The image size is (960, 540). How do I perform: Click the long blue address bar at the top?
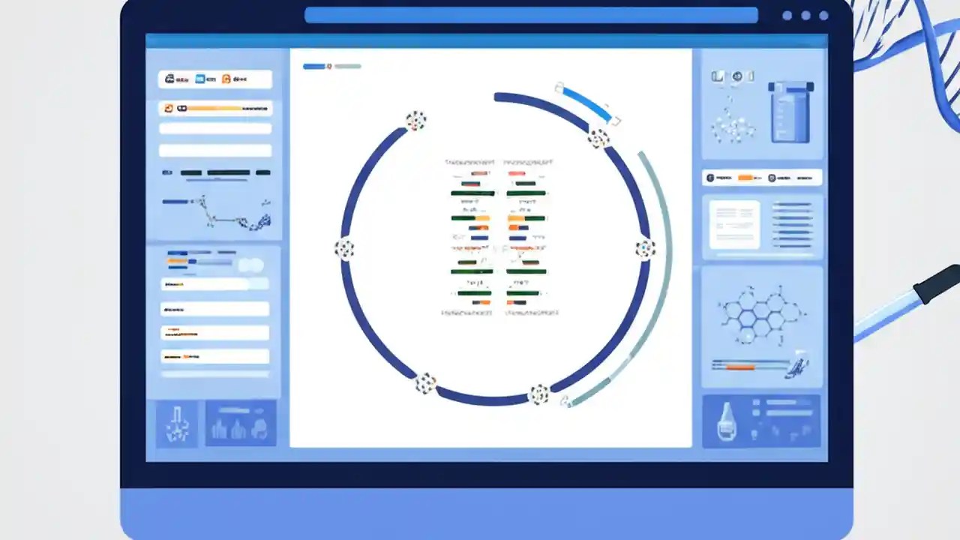pyautogui.click(x=531, y=15)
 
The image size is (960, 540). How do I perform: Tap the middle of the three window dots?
pyautogui.click(x=805, y=15)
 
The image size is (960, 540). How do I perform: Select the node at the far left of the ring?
pyautogui.click(x=344, y=249)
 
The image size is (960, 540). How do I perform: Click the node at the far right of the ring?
pyautogui.click(x=645, y=248)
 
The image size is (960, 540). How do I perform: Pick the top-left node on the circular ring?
pyautogui.click(x=415, y=120)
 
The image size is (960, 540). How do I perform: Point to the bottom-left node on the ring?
pyautogui.click(x=425, y=383)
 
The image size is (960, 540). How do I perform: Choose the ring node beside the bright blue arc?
pyautogui.click(x=598, y=138)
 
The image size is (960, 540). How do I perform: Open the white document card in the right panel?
pyautogui.click(x=734, y=224)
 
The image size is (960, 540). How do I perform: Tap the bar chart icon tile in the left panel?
pyautogui.click(x=240, y=424)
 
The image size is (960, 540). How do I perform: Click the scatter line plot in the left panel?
pyautogui.click(x=217, y=211)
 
